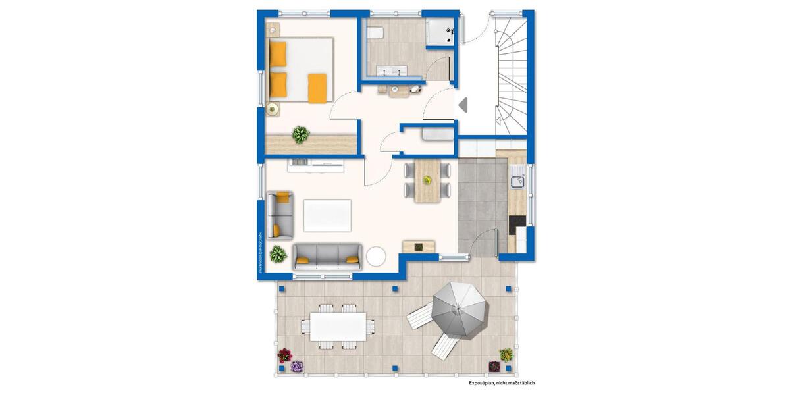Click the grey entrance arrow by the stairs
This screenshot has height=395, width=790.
click(463, 104)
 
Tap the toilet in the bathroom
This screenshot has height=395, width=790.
click(375, 34)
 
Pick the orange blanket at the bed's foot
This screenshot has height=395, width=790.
click(318, 88)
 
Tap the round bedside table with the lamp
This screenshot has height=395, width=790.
click(273, 109)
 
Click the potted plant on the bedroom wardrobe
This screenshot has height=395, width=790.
click(300, 136)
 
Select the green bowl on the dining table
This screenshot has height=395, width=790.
click(427, 179)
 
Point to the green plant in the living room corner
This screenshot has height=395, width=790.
click(278, 253)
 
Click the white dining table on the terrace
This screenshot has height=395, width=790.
click(338, 325)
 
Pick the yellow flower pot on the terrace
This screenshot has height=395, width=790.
click(506, 355)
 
